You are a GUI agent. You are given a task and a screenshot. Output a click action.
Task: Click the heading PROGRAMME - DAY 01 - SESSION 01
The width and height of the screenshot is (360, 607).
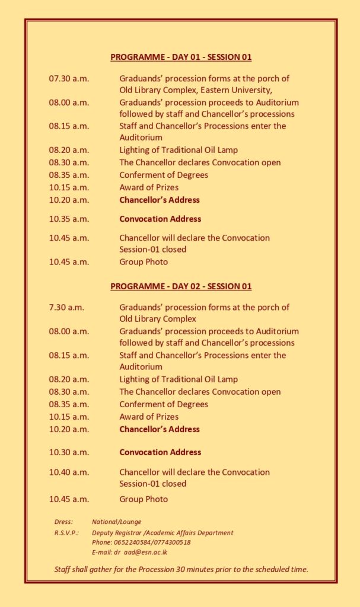[181, 57]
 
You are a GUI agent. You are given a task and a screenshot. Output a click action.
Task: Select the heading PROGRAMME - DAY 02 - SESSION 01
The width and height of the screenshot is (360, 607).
[181, 286]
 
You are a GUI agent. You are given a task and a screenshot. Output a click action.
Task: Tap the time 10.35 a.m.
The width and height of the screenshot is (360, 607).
[69, 219]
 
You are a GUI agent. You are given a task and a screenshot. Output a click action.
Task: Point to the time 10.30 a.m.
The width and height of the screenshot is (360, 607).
[69, 452]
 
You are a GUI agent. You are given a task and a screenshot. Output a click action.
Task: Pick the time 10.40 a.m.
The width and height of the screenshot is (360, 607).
[69, 472]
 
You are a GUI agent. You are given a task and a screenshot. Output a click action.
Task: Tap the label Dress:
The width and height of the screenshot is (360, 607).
[63, 522]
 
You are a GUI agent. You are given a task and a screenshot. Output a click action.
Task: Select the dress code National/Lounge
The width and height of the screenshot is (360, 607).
[117, 522]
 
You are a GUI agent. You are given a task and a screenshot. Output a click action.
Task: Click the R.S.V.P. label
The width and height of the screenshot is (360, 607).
[67, 532]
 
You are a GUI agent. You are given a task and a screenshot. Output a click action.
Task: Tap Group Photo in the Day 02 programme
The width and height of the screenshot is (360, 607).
[144, 499]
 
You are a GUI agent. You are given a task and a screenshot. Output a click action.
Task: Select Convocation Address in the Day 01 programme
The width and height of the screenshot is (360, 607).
[160, 219]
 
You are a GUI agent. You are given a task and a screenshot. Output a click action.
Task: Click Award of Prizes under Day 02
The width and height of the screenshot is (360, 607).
[149, 417]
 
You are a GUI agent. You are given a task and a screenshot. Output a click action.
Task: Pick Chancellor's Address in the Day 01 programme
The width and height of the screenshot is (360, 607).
[160, 200]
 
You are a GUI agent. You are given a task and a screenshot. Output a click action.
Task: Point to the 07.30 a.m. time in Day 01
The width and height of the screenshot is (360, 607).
[69, 78]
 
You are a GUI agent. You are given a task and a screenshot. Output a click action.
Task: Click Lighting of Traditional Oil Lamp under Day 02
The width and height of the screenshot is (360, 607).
[179, 379]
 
